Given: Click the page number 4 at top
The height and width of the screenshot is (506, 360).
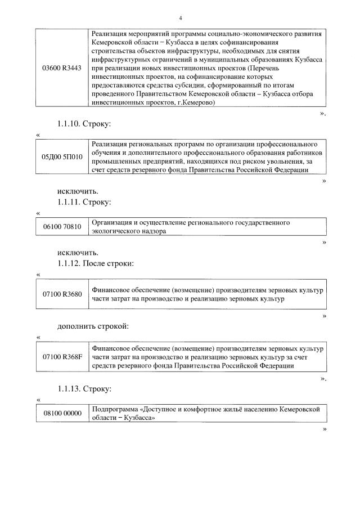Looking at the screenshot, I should pyautogui.click(x=180, y=18).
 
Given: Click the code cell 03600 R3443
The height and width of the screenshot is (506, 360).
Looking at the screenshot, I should pyautogui.click(x=62, y=68).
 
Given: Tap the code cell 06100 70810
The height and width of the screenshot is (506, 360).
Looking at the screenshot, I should pyautogui.click(x=62, y=227).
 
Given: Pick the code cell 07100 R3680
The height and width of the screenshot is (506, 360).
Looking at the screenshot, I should pyautogui.click(x=62, y=294).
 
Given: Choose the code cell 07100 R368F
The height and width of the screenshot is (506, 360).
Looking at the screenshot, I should pyautogui.click(x=62, y=357).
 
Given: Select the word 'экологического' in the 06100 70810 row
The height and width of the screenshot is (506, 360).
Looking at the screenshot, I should pyautogui.click(x=115, y=231).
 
